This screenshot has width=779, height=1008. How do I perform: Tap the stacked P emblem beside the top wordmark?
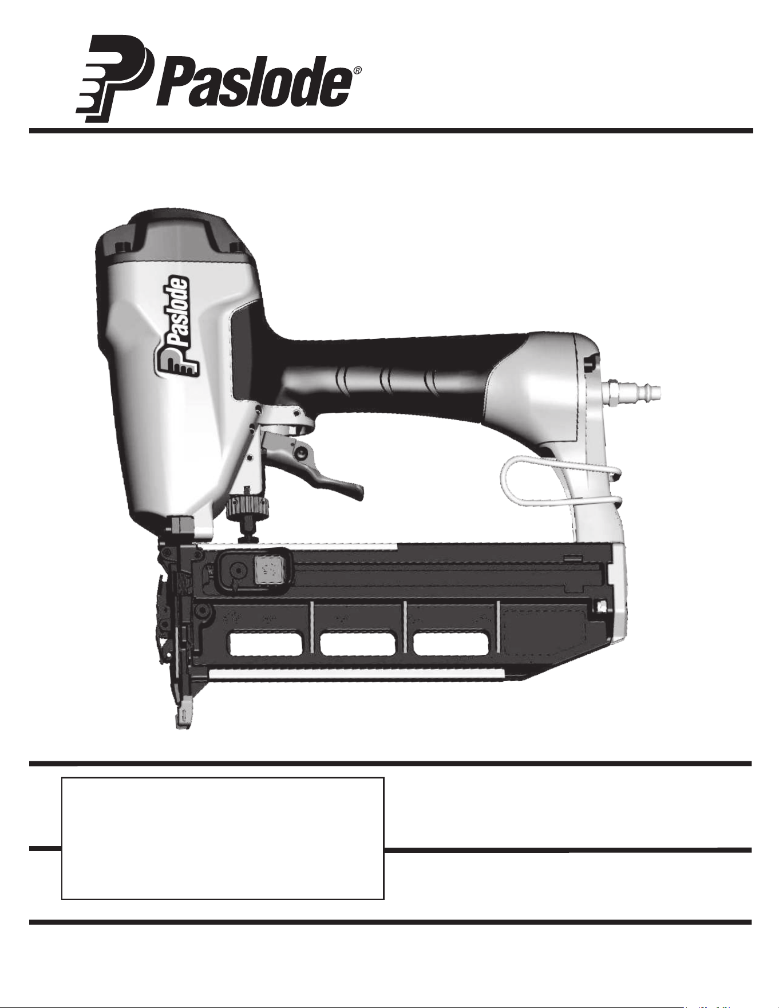point(113,78)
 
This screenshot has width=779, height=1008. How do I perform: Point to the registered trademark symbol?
point(357,71)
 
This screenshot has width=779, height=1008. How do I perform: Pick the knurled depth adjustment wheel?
point(247,506)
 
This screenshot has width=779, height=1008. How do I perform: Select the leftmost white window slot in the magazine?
point(266,644)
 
